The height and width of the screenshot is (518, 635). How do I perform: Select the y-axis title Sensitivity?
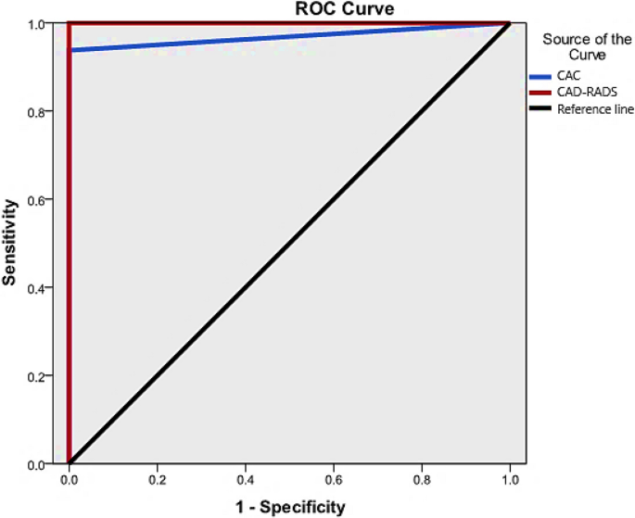tap(10, 243)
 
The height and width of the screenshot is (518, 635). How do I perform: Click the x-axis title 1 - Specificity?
tap(288, 507)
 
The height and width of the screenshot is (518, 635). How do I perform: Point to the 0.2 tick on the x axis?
tap(157, 482)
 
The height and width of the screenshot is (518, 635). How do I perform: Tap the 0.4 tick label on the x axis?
tap(246, 482)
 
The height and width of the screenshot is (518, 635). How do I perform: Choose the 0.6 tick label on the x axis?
tap(334, 482)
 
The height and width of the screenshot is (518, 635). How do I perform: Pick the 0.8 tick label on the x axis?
tap(422, 482)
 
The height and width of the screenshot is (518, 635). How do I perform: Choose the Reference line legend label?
tap(595, 109)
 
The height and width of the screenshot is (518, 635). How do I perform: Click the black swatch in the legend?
tap(540, 109)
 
